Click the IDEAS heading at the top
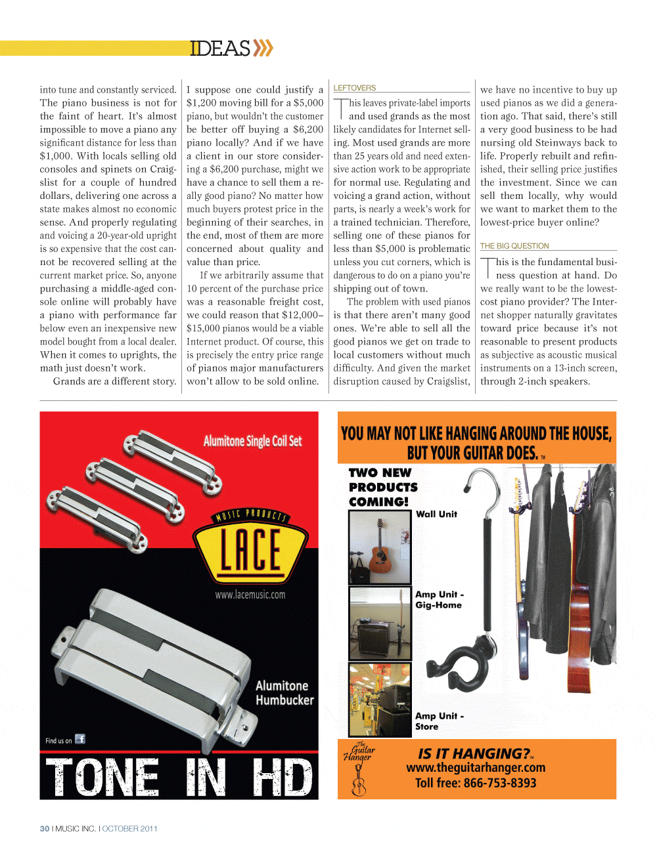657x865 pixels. [220, 48]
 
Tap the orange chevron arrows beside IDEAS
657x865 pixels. [263, 48]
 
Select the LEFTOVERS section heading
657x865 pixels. [355, 88]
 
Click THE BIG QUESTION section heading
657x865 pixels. [514, 246]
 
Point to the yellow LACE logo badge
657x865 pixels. [250, 547]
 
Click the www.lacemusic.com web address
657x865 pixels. [250, 595]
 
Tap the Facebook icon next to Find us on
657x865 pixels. [80, 739]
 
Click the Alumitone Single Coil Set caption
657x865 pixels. [252, 441]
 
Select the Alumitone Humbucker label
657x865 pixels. [284, 693]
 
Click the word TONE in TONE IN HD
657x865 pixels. [102, 778]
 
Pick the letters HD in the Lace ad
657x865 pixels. [282, 778]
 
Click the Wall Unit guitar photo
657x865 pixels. [380, 547]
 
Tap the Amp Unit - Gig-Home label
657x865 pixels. [439, 599]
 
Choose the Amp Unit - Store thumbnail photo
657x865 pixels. [380, 700]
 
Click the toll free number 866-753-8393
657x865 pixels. [476, 783]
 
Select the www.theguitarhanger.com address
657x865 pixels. [476, 768]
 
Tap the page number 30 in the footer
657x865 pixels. [45, 829]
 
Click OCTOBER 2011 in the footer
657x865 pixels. [129, 829]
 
